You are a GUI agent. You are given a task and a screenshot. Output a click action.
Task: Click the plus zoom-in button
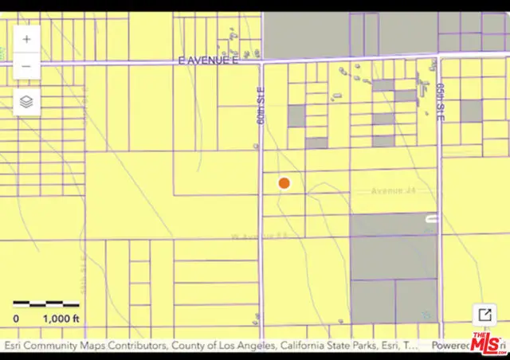point(27,38)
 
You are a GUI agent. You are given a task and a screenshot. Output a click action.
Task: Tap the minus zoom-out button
point(27,65)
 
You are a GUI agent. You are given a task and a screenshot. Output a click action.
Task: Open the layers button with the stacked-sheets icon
point(27,102)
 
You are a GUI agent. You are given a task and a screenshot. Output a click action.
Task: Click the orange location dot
point(284,183)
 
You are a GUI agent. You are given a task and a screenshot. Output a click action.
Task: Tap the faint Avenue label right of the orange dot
point(394,191)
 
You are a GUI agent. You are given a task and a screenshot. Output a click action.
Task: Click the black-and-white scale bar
point(46,303)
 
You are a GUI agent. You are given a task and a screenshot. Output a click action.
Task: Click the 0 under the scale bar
point(16,319)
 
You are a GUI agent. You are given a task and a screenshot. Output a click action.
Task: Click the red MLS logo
point(488,342)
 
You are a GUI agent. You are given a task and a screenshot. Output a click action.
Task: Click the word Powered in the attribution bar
point(449,346)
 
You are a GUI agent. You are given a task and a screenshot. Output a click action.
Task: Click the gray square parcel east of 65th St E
point(471,111)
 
